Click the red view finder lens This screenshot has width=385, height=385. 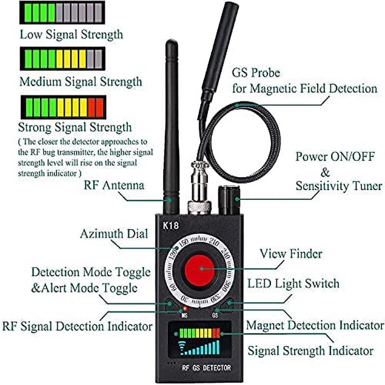pyautogui.click(x=199, y=269)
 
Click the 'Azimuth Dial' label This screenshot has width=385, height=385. pyautogui.click(x=115, y=234)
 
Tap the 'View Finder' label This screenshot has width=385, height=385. pyautogui.click(x=291, y=253)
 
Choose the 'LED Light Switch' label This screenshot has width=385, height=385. pyautogui.click(x=293, y=283)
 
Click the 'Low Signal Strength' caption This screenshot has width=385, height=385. pyautogui.click(x=71, y=34)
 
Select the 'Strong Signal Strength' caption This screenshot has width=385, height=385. pyautogui.click(x=75, y=127)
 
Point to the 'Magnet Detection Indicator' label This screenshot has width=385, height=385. pyautogui.click(x=315, y=325)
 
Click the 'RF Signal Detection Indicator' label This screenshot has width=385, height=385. pyautogui.click(x=77, y=326)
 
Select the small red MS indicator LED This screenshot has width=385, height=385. pyautogui.click(x=184, y=308)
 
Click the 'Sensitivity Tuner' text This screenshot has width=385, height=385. pyautogui.click(x=339, y=186)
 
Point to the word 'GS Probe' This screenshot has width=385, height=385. pyautogui.click(x=256, y=73)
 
